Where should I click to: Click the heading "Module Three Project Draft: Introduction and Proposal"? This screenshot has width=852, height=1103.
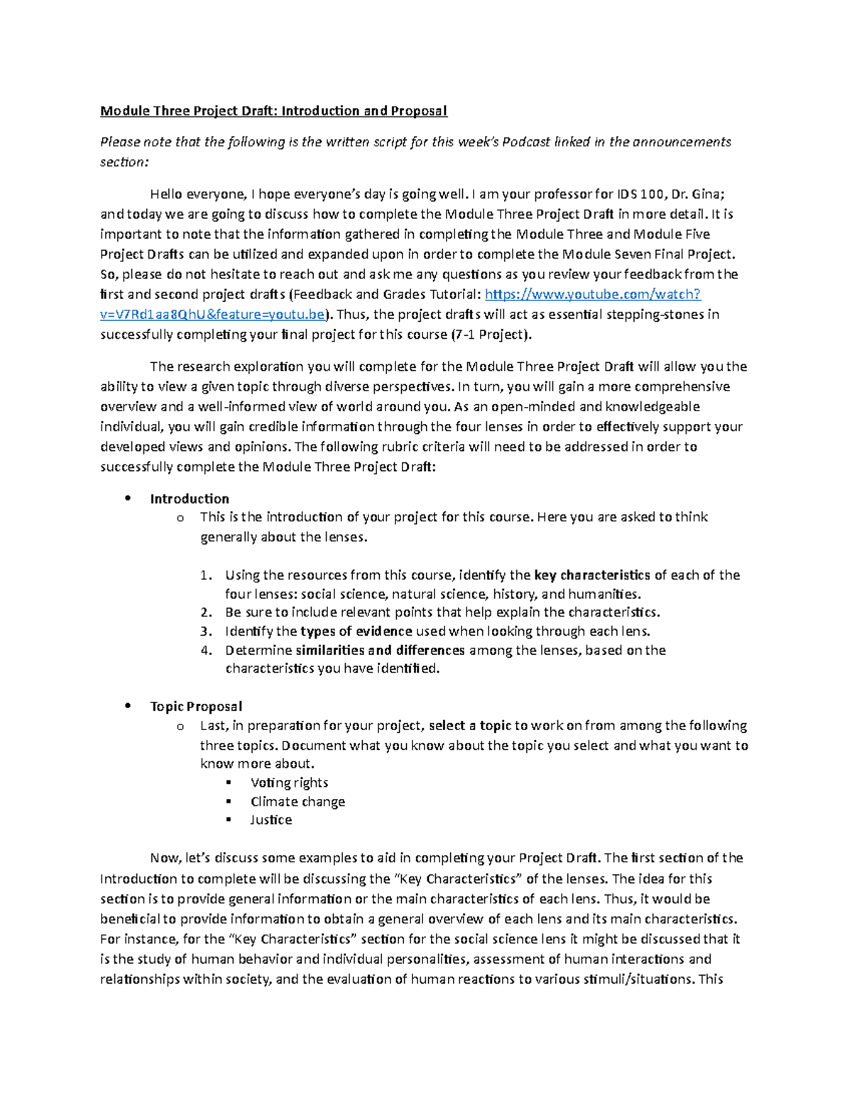pyautogui.click(x=273, y=111)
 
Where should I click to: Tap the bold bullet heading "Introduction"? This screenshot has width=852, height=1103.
pyautogui.click(x=189, y=499)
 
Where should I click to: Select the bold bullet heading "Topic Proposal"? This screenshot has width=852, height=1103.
pyautogui.click(x=196, y=706)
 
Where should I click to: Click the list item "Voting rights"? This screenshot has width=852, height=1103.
pyautogui.click(x=289, y=783)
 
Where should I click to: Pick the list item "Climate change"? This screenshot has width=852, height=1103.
pyautogui.click(x=297, y=801)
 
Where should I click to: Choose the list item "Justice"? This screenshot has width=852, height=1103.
pyautogui.click(x=271, y=820)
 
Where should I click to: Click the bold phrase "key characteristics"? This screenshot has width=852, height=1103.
pyautogui.click(x=591, y=575)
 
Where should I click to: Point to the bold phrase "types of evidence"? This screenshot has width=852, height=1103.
pyautogui.click(x=356, y=631)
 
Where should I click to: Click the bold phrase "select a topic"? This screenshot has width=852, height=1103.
pyautogui.click(x=470, y=726)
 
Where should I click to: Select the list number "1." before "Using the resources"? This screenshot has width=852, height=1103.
pyautogui.click(x=206, y=575)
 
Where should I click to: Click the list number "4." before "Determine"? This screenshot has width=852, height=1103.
pyautogui.click(x=206, y=650)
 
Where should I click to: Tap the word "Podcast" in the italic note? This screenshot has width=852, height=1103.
pyautogui.click(x=526, y=142)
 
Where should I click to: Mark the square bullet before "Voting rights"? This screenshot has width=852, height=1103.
pyautogui.click(x=229, y=782)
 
